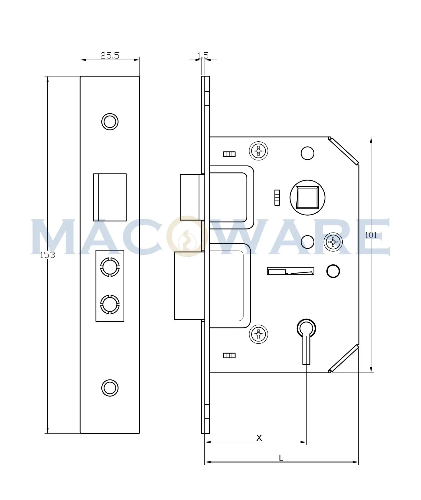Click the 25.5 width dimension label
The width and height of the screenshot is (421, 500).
pos(110,56)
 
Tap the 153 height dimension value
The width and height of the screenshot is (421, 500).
pos(47,255)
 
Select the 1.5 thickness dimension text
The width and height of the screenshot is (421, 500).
pos(203,55)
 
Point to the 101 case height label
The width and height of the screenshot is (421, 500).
pos(371,235)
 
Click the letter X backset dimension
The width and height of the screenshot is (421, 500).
pos(259,438)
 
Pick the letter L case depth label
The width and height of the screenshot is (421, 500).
pos(281,458)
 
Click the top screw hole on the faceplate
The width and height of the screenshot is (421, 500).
pos(110,122)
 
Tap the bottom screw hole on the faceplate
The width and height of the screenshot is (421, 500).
pos(110,388)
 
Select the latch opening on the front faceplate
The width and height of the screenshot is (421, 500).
pos(110,197)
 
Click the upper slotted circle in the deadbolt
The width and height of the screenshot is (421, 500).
pos(110,267)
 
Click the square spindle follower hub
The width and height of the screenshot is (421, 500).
pos(307,198)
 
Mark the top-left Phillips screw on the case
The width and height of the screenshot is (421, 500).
pos(258,151)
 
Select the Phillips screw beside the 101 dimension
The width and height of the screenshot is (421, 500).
pos(333,242)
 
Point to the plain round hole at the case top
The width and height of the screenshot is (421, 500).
pos(307,153)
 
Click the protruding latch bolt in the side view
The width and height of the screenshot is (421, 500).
pos(190,197)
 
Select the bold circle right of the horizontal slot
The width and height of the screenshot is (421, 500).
pos(333,271)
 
